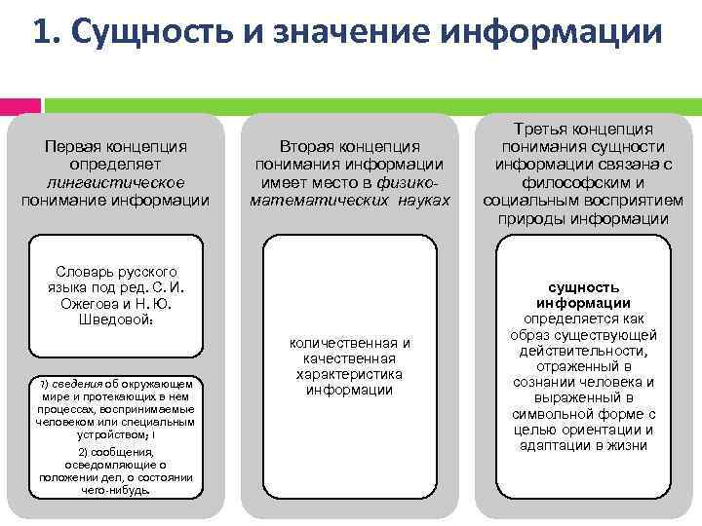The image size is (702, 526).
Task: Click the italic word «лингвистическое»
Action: coord(115,182)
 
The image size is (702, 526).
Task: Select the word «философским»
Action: coord(583,182)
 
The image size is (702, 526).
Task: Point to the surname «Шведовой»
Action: coord(115,321)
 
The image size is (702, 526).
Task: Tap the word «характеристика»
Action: coord(349,374)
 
